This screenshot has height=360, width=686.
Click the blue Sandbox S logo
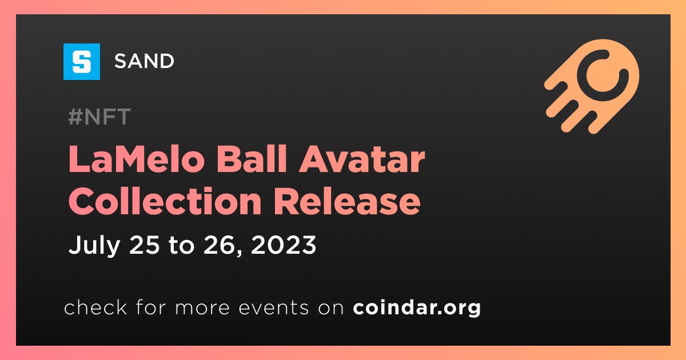[82, 62]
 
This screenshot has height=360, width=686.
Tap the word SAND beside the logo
[144, 61]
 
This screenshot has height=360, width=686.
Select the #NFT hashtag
[99, 117]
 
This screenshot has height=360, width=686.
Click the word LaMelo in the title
[137, 159]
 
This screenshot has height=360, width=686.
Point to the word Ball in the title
[252, 159]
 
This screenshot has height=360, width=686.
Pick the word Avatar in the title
[362, 159]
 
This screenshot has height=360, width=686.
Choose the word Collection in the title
[165, 201]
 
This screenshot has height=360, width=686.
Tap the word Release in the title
[347, 201]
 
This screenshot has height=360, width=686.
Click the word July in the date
[94, 246]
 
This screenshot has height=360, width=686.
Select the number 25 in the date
[145, 245]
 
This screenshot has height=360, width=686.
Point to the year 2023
[284, 245]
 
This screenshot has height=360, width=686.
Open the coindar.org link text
[417, 307]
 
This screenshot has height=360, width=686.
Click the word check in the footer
[95, 307]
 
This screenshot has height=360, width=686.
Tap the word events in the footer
[273, 307]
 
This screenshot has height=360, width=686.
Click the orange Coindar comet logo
[592, 86]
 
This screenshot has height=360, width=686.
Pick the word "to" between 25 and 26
[182, 246]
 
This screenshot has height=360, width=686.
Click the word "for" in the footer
[151, 307]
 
